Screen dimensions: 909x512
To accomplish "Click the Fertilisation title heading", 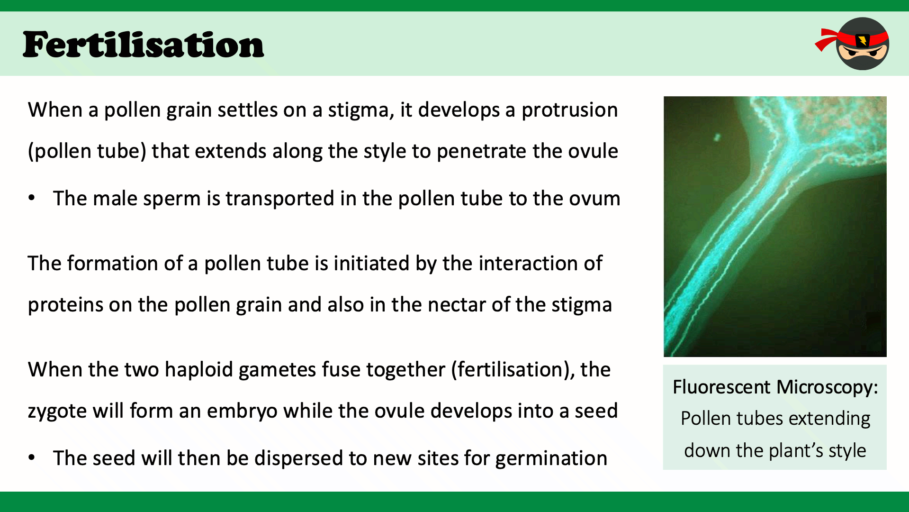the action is (x=143, y=45).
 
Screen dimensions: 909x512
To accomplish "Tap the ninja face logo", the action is (x=853, y=44).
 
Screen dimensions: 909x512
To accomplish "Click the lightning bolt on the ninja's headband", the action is (x=863, y=40).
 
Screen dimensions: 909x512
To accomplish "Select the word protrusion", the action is (x=569, y=110).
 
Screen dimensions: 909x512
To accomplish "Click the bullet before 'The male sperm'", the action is (x=32, y=198).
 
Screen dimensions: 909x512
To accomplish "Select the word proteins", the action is (x=65, y=305).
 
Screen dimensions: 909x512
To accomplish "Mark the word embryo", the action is (x=242, y=411).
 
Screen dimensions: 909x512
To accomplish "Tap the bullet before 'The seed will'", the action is (x=32, y=458).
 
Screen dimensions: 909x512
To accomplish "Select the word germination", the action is (x=551, y=459).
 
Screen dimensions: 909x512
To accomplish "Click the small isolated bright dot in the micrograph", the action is (x=717, y=137).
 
